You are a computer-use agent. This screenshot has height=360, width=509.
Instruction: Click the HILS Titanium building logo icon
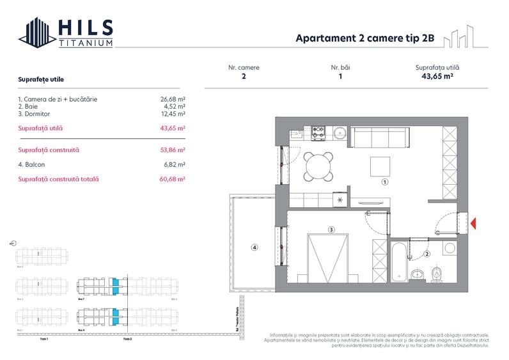coord(36,33)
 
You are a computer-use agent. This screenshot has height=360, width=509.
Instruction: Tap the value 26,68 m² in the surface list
coord(173,99)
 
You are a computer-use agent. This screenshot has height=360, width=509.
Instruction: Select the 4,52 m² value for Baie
coord(174,106)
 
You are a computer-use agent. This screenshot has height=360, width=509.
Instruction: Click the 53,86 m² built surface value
coord(173,150)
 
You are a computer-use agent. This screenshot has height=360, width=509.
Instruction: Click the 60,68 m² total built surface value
coord(173,180)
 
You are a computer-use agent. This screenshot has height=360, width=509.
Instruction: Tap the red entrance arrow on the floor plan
coord(474,223)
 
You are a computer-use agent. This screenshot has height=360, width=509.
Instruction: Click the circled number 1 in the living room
coord(384,182)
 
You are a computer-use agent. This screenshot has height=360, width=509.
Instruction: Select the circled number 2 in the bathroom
coord(427,254)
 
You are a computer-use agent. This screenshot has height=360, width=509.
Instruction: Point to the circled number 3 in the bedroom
coord(331,229)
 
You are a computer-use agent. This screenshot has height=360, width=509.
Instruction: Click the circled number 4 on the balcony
coord(254,247)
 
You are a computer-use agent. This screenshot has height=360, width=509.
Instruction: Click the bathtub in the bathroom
coord(398,261)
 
